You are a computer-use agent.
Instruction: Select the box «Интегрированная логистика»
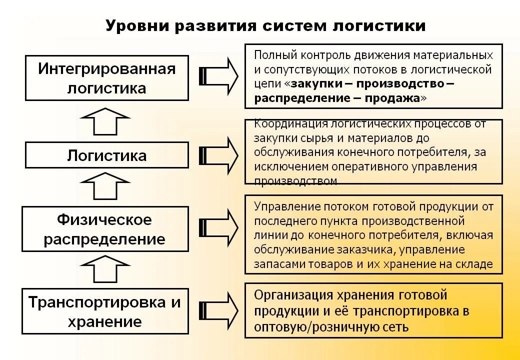[107, 78]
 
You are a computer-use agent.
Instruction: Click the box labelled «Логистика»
[107, 155]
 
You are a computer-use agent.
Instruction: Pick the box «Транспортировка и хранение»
[104, 311]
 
